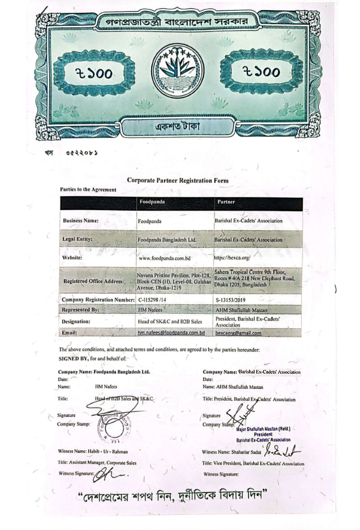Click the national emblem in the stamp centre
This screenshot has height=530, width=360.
coord(177,71)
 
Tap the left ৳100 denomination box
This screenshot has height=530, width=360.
coord(94,73)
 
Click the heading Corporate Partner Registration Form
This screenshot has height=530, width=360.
coord(177,181)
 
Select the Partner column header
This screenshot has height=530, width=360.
coord(226,202)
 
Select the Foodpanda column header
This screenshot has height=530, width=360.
coord(152,202)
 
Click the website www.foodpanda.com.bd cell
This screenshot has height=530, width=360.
coord(164,258)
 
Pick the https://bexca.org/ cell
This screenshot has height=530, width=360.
coord(232,258)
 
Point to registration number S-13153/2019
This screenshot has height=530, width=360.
coord(231,300)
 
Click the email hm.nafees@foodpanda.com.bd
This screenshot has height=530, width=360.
coord(171,333)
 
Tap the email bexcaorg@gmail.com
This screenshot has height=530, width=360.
coord(238,333)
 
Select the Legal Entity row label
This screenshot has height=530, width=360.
coord(77,239)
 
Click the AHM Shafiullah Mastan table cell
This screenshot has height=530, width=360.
coord(241,310)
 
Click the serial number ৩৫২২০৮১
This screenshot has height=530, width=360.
coord(82,153)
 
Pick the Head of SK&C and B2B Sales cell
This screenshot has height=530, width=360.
coord(170,321)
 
